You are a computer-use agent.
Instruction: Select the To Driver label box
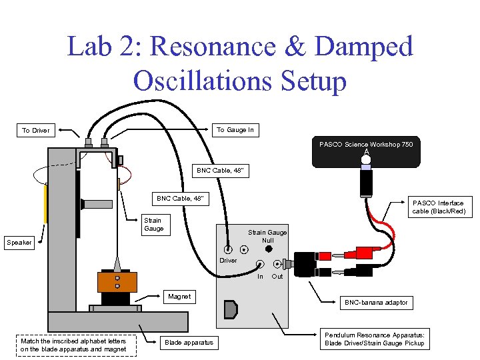pyautogui.click(x=35, y=130)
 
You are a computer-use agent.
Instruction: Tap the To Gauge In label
pyautogui.click(x=235, y=130)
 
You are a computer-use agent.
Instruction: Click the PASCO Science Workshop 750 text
pyautogui.click(x=365, y=144)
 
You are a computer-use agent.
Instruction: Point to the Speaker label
pyautogui.click(x=19, y=242)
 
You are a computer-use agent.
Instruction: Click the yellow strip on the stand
pyautogui.click(x=45, y=203)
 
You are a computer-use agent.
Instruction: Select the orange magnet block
pyautogui.click(x=117, y=282)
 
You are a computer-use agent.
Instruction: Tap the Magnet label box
pyautogui.click(x=179, y=297)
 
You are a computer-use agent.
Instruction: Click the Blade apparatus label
pyautogui.click(x=189, y=342)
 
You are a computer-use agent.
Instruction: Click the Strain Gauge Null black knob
pyautogui.click(x=268, y=249)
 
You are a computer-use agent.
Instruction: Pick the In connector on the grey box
pyautogui.click(x=260, y=263)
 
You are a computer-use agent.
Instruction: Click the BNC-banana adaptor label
pyautogui.click(x=375, y=303)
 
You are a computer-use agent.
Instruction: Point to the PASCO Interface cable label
pyautogui.click(x=438, y=207)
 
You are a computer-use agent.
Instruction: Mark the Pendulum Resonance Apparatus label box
pyautogui.click(x=374, y=339)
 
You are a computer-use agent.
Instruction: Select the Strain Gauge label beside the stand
pyautogui.click(x=153, y=224)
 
